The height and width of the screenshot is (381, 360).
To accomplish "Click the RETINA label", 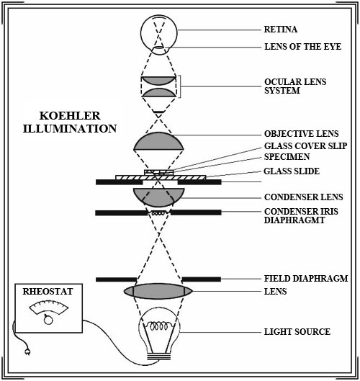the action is click(281, 29).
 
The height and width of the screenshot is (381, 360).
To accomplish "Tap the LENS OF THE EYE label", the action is click(302, 47).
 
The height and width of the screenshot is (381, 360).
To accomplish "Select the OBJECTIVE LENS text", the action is click(301, 134).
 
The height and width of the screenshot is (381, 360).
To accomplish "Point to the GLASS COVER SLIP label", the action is click(305, 145).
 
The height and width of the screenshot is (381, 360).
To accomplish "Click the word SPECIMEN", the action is click(287, 157).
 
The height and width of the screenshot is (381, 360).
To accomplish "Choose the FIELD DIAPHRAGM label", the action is click(306, 278).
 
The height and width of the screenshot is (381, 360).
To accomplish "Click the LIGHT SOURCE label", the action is click(297, 332).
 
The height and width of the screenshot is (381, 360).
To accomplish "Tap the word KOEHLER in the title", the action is click(70, 116).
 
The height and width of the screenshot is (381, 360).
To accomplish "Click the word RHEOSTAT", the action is click(48, 292).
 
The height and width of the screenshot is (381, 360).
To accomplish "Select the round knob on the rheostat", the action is click(48, 320).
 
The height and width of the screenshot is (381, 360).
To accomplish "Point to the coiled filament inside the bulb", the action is click(159, 326).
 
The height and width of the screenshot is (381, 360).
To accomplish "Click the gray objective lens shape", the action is click(158, 141).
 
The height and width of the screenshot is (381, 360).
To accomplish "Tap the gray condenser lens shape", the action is click(159, 197).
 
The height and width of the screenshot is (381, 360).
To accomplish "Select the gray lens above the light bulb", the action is click(158, 291).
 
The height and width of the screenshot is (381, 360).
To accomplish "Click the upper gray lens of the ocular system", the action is click(158, 81).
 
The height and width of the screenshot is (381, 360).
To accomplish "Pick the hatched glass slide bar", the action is click(161, 178).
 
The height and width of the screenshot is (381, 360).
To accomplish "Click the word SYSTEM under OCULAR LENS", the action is click(282, 91).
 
